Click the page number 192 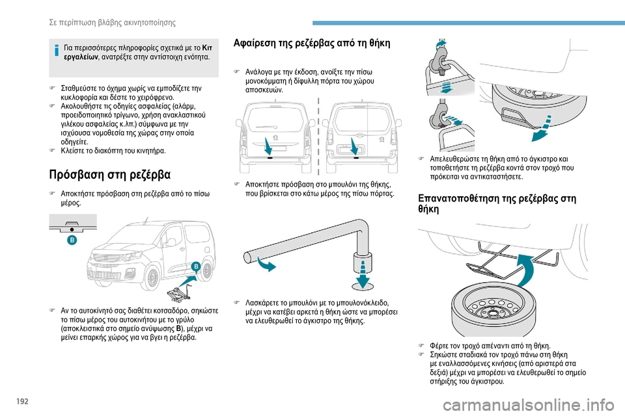point(23,401)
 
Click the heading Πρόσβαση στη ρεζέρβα point(110,175)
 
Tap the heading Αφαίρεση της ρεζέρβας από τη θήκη point(312,43)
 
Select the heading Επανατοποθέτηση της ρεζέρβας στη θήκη point(497,203)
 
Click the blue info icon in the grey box point(57,51)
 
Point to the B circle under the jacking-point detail point(72,240)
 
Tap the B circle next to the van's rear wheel point(196,266)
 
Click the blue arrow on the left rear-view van point(268,146)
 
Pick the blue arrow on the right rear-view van point(354,146)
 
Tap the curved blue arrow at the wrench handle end point(266,263)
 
